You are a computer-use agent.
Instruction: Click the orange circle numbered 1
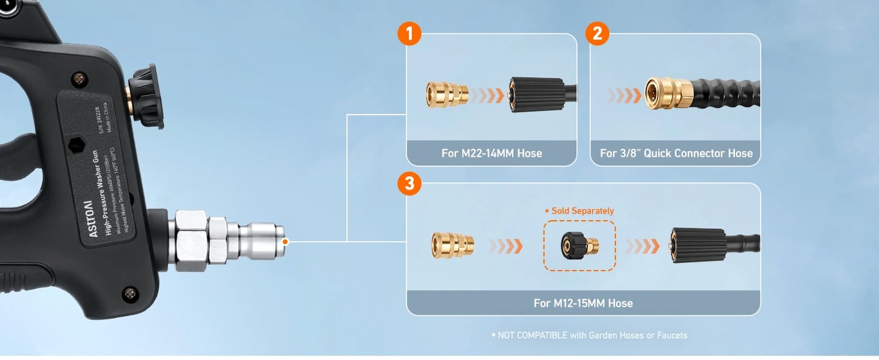tap(409, 33)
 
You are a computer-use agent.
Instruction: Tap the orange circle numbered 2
tap(597, 33)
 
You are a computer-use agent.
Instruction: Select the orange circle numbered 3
tap(409, 184)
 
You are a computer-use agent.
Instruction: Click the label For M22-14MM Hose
tap(491, 153)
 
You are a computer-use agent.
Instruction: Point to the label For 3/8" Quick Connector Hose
tap(676, 153)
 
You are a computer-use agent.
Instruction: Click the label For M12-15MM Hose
tap(583, 303)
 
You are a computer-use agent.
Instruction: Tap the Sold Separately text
tap(579, 211)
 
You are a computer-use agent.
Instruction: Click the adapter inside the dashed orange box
tap(579, 246)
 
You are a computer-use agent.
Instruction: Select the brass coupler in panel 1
tap(447, 94)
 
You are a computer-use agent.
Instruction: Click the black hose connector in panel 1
tap(537, 95)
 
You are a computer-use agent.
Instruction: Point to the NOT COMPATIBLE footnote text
tap(589, 335)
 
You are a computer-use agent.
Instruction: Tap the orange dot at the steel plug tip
tap(285, 242)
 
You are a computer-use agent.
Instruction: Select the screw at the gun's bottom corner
tap(129, 294)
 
